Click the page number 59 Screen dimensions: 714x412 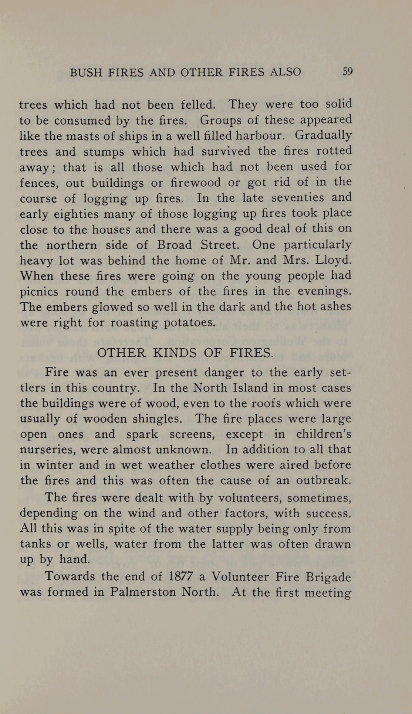(347, 71)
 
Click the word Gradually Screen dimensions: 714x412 (323, 135)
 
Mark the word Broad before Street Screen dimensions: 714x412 (174, 245)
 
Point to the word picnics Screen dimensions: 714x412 (39, 292)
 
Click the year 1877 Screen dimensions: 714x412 (182, 576)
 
